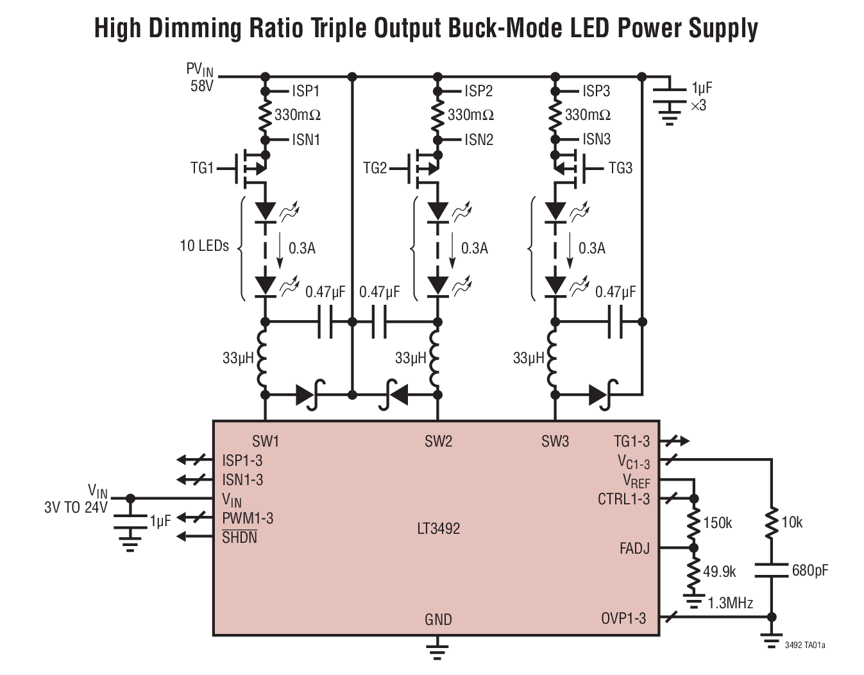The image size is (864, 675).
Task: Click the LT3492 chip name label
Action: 438,529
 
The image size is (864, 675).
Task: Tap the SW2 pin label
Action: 438,441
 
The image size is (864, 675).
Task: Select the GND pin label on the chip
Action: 438,620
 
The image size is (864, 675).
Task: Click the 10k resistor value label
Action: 792,522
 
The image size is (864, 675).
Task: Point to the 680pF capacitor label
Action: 809,570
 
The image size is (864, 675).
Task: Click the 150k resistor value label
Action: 717,523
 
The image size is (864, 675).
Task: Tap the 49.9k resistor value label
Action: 719,571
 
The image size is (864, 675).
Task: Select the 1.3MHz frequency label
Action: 730,603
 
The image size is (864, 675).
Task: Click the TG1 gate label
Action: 202,168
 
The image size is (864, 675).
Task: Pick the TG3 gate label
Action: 620,168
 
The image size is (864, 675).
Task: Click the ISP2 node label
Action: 479,91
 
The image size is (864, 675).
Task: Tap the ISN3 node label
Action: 597,139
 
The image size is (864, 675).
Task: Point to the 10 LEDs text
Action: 204,246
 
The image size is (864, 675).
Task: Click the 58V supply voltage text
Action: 201,85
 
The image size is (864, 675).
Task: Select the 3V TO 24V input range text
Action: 76,508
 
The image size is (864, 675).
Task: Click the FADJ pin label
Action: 634,549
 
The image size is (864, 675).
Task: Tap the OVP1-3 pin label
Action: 623,619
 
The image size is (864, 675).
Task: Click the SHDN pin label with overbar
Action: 239,538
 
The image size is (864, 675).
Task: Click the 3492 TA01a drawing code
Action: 805,644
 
